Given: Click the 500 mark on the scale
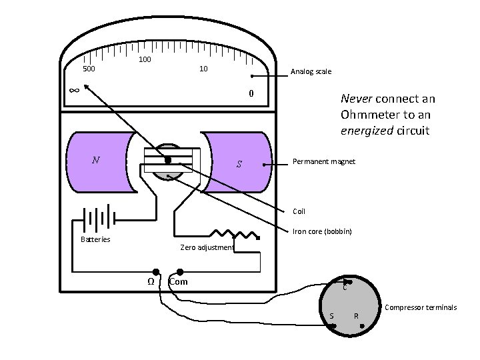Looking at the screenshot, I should click(88, 69).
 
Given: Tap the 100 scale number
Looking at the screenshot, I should click(145, 60).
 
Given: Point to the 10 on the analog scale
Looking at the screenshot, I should click(204, 69).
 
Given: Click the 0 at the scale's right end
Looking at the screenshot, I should click(251, 93).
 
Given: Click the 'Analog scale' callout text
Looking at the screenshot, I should click(310, 72).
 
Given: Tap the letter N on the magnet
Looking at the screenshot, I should click(96, 160).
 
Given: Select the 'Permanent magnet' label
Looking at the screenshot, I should click(324, 162).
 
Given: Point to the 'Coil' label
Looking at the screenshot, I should click(299, 211).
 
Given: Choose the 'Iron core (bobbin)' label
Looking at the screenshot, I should click(322, 231).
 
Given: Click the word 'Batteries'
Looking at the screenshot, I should click(95, 239).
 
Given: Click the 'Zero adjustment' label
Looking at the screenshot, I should click(207, 247).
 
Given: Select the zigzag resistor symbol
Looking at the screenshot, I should click(235, 234).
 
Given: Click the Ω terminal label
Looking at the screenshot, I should click(151, 281).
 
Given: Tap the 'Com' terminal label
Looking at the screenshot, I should click(179, 281).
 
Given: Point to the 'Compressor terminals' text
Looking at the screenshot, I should click(421, 307).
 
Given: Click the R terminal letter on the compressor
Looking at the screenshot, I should click(357, 315).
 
